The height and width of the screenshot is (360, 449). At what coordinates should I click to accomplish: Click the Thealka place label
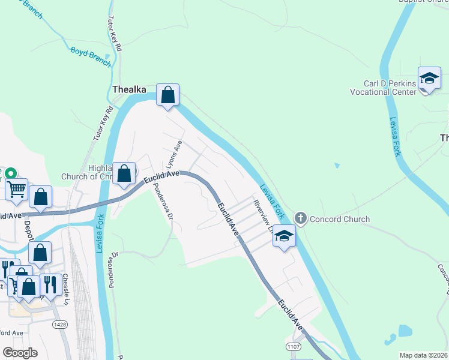tap(129, 89)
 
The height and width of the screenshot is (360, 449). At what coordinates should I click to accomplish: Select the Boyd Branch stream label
tap(91, 55)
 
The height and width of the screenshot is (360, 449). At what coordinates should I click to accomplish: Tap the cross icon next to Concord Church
tap(301, 219)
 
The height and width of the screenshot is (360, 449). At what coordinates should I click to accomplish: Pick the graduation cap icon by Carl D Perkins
tap(429, 79)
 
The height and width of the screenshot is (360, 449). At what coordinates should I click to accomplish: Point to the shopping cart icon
tap(17, 189)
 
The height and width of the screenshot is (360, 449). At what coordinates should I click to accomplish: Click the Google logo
tap(20, 353)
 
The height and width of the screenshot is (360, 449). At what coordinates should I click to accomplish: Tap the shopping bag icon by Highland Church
tap(124, 175)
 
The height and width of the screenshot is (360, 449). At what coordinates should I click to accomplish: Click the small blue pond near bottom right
tap(405, 331)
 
